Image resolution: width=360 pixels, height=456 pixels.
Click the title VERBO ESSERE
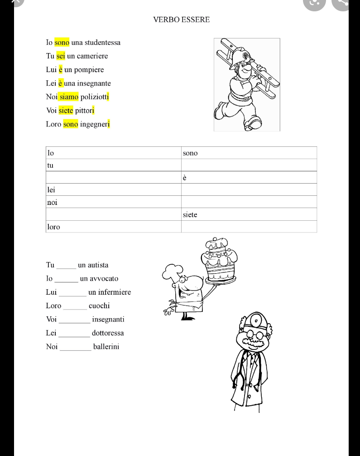coord(181,19)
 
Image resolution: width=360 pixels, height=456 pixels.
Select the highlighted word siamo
coord(68,97)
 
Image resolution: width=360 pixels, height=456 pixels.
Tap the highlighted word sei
coord(61,56)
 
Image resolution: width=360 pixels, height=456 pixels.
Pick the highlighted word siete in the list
coord(66,110)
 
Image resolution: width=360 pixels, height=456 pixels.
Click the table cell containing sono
coord(249,153)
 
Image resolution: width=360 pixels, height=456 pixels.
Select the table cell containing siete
coord(249,214)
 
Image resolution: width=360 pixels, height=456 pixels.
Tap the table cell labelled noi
coord(113,202)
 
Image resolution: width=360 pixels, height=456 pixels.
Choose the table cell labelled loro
coord(113,227)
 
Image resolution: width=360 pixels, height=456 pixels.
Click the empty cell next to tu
coord(249,165)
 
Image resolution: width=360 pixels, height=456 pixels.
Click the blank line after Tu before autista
coord(66,267)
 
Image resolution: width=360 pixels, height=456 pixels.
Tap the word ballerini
coord(106,347)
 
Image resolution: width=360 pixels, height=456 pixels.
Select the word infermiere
coord(110,292)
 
